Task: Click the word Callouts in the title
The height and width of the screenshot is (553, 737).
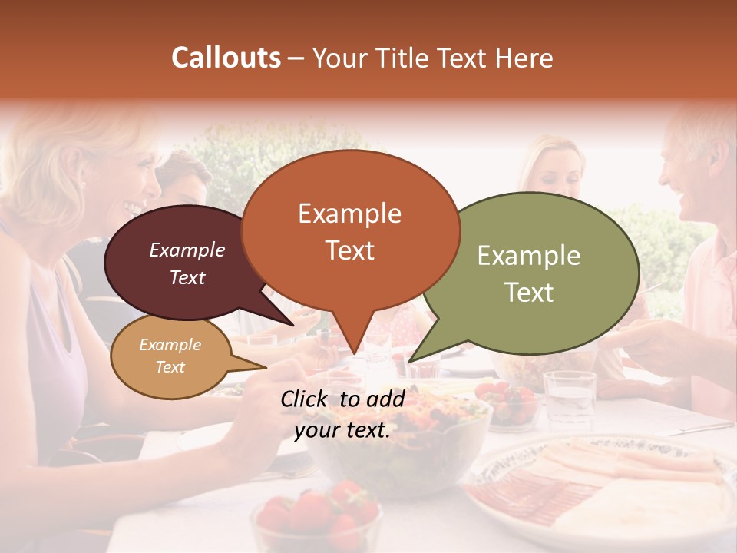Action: coord(226,58)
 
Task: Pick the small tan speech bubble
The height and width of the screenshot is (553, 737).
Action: coord(170,356)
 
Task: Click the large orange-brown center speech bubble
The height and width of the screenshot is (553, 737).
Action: coord(350,230)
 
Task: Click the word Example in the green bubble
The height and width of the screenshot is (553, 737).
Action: coord(528,256)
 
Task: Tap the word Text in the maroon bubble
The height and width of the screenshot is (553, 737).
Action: coord(187,278)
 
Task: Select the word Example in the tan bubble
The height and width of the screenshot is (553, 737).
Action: coord(170,345)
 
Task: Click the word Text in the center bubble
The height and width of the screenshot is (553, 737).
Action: coord(350,250)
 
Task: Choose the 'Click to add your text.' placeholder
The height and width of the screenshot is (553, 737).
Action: coord(342,414)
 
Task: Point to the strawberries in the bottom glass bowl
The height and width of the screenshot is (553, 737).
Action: coord(316,515)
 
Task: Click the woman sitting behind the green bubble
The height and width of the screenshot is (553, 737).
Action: coord(553,169)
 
